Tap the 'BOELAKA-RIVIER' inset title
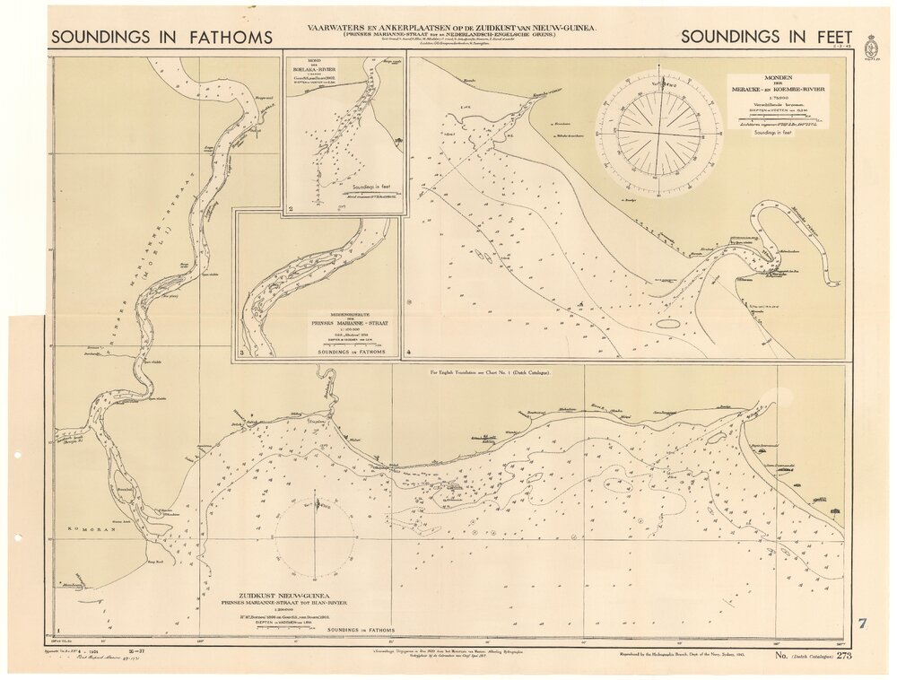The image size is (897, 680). tap(320, 72)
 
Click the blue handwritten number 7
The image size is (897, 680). tap(862, 623)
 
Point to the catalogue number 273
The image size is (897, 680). tap(843, 657)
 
